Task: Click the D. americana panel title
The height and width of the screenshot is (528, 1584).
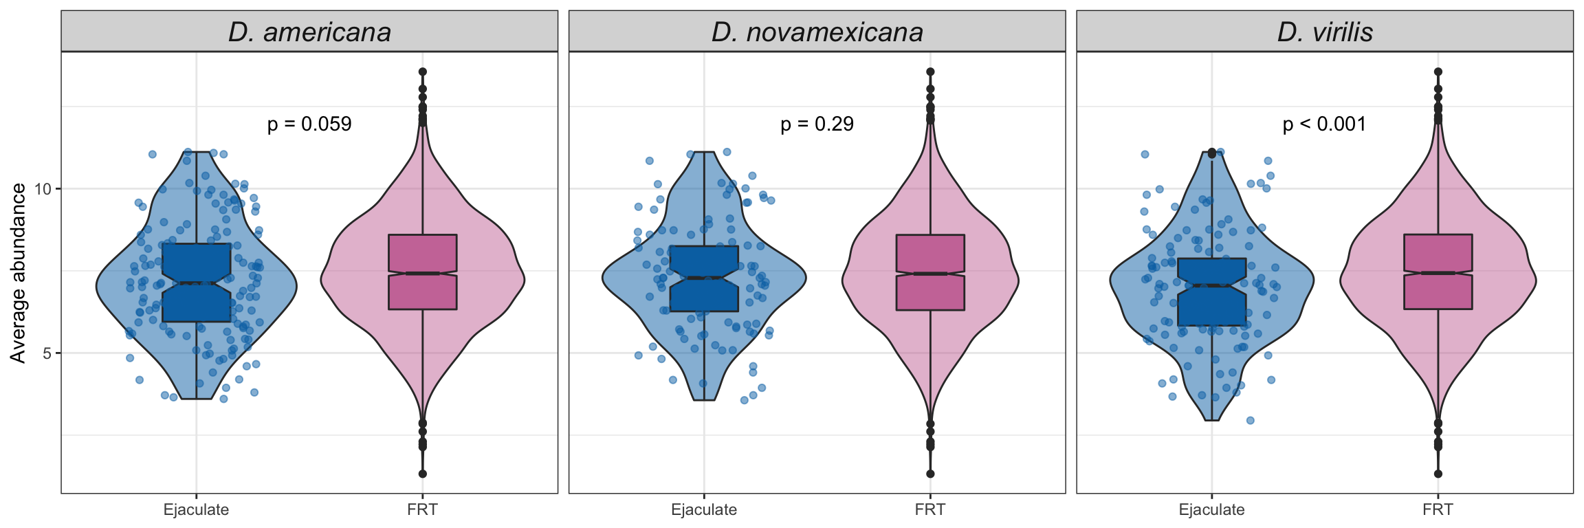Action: pos(309,32)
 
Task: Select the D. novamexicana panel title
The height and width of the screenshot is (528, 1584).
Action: pos(817,32)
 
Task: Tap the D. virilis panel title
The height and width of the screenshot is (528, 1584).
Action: pos(1325,32)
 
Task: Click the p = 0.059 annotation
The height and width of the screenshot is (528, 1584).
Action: pos(309,124)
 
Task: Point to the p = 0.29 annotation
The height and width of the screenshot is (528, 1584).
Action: pos(817,124)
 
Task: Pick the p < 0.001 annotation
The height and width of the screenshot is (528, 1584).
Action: pos(1324,124)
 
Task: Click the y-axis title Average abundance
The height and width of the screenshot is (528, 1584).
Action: pos(19,273)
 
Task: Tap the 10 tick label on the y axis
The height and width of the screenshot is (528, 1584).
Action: pos(43,189)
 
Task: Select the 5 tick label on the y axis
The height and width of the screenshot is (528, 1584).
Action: pos(47,353)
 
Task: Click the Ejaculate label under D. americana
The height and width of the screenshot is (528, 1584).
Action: pos(196,510)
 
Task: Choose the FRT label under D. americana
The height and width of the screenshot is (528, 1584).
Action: pos(422,510)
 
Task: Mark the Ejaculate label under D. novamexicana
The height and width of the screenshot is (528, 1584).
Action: pos(704,510)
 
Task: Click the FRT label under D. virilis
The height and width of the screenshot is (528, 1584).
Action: pos(1438,510)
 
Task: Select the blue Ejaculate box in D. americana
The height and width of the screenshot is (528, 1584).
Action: pos(197,302)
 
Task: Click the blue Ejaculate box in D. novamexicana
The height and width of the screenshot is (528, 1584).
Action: pos(704,296)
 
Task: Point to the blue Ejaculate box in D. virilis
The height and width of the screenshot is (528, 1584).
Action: pos(1211,306)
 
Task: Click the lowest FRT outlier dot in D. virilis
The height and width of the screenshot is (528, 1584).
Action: pos(1438,474)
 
